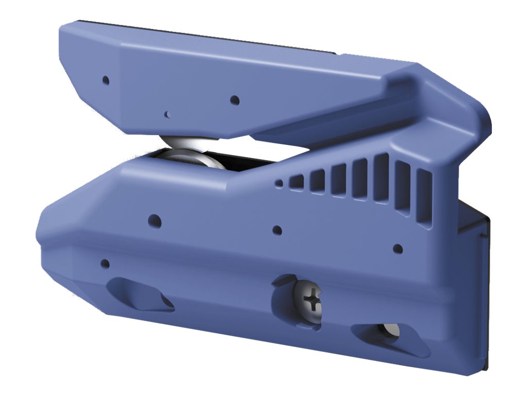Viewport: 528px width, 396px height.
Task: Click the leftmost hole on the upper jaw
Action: (106, 80)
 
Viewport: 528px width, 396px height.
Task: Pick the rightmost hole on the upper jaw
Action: (235, 100)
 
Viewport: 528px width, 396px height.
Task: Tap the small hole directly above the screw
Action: (277, 230)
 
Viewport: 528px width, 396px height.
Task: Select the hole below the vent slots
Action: (398, 249)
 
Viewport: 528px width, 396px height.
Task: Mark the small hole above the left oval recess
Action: (105, 263)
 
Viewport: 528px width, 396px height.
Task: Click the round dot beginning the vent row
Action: (279, 183)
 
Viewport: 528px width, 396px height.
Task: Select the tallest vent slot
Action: (382, 178)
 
